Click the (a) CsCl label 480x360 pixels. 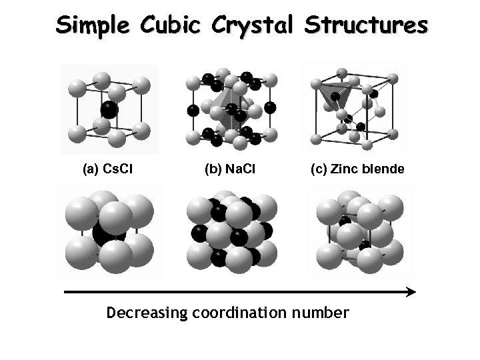(107, 169)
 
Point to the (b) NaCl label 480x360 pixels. (230, 169)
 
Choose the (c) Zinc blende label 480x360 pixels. (357, 169)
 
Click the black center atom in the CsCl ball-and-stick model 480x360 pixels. (109, 109)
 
